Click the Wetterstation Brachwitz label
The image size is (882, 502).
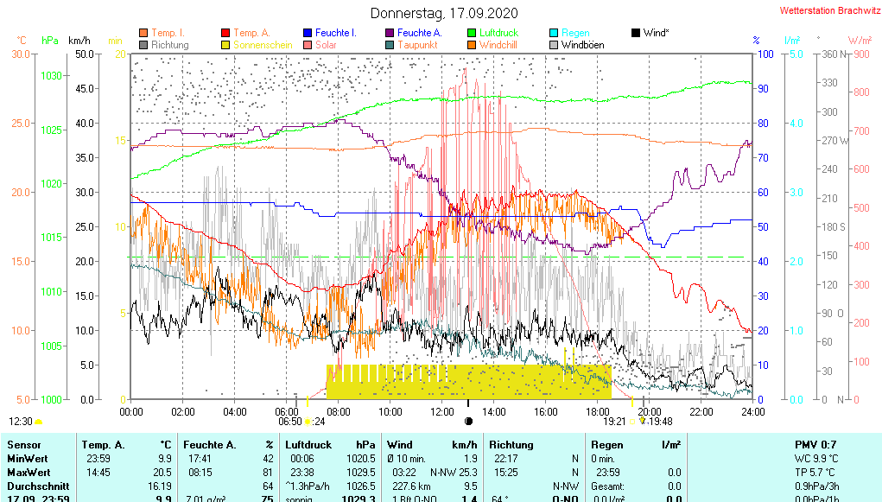(828, 10)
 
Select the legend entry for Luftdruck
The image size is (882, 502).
(498, 33)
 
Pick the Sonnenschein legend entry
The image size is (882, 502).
(258, 44)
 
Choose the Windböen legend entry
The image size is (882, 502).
(582, 44)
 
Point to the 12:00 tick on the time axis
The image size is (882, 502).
(442, 412)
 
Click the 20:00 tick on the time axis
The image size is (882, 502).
(650, 412)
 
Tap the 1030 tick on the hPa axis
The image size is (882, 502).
(51, 76)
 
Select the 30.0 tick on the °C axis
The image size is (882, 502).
(21, 54)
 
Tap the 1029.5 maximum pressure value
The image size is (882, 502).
(362, 473)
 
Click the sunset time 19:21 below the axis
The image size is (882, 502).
(614, 422)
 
